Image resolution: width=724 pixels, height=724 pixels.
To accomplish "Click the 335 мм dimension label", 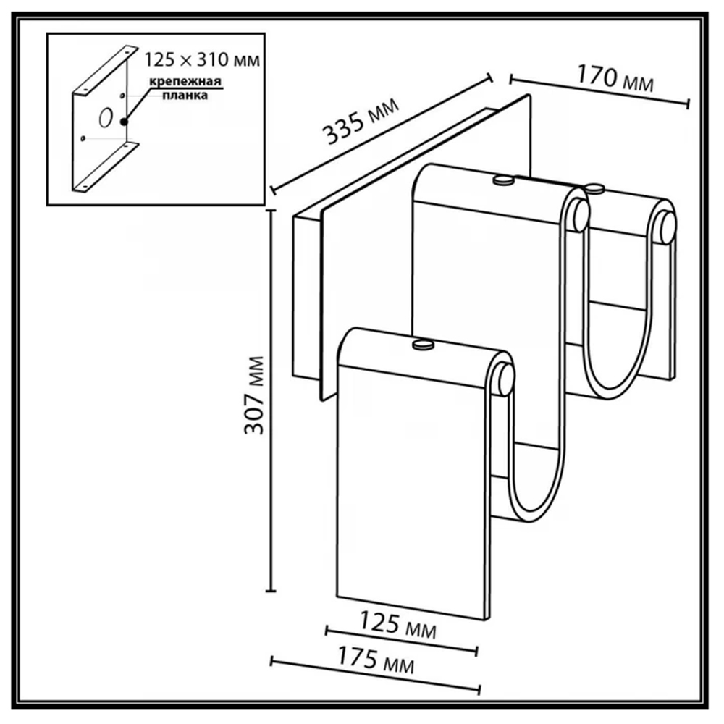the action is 361,122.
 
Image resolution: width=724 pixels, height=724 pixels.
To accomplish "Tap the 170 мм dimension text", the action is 615,78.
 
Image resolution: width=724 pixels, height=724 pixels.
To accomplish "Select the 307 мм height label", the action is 254,395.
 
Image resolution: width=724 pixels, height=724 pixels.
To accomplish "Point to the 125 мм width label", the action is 397,625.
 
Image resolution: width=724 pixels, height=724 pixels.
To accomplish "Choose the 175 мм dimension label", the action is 376,659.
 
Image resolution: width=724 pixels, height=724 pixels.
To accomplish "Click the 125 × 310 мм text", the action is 202,59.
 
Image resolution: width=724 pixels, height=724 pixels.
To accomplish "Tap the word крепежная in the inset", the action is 185,81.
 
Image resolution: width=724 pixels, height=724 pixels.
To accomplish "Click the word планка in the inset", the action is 185,95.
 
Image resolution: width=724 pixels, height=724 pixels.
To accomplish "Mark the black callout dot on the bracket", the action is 124,122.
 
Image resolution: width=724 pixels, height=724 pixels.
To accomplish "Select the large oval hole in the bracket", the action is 105,117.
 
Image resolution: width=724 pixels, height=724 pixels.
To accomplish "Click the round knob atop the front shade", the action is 424,344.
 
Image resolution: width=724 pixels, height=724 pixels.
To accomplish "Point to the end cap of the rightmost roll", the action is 668,227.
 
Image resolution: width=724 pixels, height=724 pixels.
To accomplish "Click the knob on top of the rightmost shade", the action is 594,188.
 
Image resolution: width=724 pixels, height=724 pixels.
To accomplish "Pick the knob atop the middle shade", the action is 503,180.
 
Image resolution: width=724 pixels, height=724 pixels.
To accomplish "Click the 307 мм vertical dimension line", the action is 271,400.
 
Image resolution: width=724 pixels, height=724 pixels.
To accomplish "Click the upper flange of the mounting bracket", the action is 105,71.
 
